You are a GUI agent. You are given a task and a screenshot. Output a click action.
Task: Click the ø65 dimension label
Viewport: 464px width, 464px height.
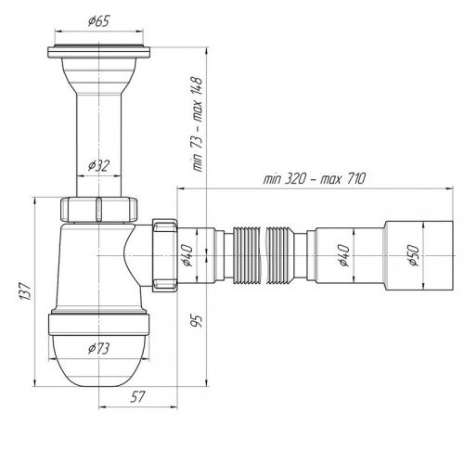coord(98,21)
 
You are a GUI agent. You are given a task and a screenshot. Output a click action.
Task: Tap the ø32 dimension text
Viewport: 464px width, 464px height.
coord(98,166)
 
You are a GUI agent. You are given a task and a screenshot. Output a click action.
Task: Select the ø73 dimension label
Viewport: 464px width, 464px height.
coord(98,349)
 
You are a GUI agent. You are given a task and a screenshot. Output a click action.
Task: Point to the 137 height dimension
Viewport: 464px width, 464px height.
coord(25,291)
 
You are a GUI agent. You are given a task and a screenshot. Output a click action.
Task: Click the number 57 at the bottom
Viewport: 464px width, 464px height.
coord(137,397)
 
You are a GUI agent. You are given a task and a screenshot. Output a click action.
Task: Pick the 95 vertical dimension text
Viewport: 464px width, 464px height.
coord(197,320)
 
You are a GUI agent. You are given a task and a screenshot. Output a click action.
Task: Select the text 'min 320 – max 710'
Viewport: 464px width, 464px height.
coord(315,178)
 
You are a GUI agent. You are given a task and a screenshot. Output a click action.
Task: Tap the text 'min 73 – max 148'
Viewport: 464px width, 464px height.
coord(198,124)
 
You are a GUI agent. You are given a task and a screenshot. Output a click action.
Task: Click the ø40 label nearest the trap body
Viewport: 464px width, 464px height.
coord(187,255)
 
